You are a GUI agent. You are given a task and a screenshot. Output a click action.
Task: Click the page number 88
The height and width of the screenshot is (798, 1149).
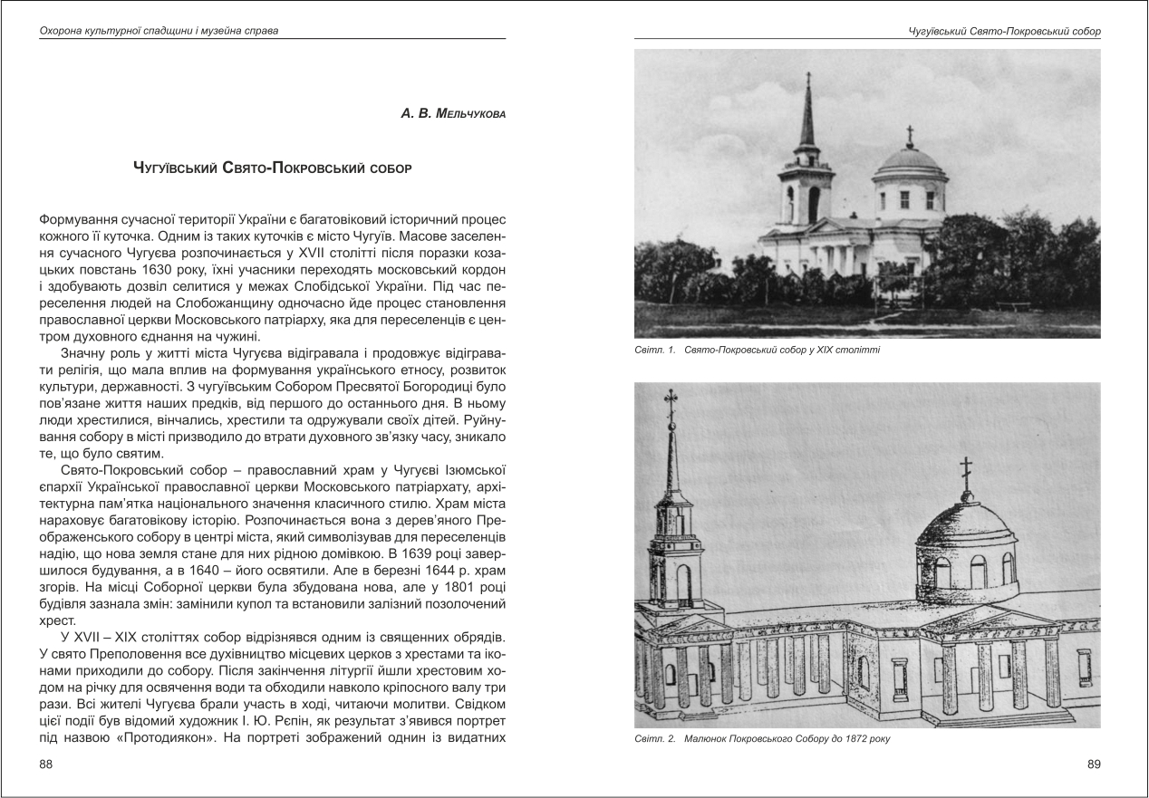[48, 765]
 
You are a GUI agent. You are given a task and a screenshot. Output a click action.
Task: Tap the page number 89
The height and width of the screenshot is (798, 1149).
[1094, 765]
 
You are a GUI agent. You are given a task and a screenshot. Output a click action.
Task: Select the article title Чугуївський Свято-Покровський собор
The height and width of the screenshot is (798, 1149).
[273, 168]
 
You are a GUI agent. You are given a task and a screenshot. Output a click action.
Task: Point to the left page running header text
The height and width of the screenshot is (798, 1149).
[159, 31]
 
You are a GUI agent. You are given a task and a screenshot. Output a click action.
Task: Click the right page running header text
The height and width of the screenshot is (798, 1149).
[1004, 31]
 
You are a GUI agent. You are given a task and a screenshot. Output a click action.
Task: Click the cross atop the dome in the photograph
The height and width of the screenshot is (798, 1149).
[910, 135]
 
